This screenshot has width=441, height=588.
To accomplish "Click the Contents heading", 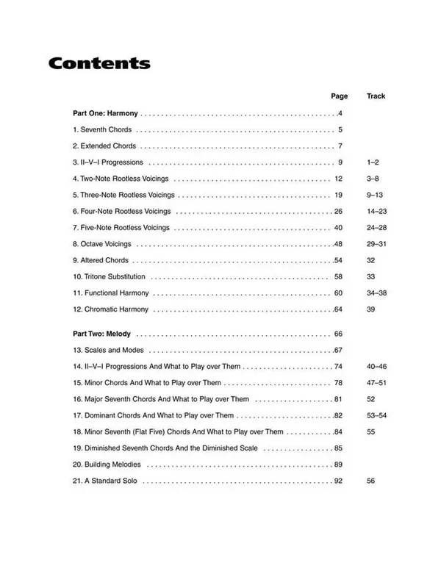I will point(99,63).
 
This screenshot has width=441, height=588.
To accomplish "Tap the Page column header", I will point(339,96).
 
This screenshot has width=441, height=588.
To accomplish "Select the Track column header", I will point(376,96).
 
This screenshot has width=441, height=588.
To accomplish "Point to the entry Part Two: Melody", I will point(102,334).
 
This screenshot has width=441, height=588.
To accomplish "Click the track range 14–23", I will point(375,212).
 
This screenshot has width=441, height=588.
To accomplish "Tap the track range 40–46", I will point(375,366).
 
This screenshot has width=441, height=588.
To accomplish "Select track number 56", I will point(370,481).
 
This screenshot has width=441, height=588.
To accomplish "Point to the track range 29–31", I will point(375,244).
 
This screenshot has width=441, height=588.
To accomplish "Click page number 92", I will point(339,481).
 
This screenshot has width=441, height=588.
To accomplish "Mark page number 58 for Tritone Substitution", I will point(339,277).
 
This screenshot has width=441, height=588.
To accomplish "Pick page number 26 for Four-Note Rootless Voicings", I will point(339,212).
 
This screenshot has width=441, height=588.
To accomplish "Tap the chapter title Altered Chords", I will point(104,260).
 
